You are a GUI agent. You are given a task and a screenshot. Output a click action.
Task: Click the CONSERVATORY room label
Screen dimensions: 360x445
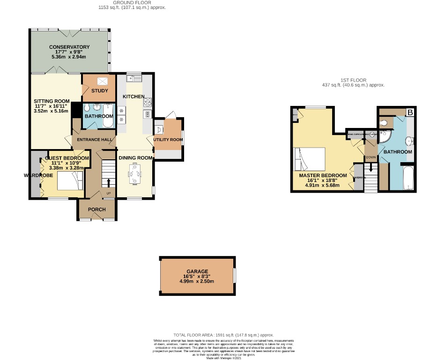tap(69, 47)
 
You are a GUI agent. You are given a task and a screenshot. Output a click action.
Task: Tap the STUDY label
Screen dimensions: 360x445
tap(99, 91)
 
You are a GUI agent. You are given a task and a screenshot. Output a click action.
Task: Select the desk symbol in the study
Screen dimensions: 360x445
tap(99, 82)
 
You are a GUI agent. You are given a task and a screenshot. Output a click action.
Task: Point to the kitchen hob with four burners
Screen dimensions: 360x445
tap(147, 101)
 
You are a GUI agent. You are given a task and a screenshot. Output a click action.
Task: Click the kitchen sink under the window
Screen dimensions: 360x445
tap(131, 78)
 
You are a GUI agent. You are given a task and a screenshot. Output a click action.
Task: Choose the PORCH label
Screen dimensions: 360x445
tap(97, 210)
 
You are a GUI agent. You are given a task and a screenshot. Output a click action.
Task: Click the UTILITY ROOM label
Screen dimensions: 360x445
tap(168, 140)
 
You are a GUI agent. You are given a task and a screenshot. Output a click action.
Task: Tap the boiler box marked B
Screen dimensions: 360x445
tap(410, 112)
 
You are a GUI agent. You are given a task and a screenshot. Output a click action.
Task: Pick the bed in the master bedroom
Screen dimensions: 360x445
tap(309, 159)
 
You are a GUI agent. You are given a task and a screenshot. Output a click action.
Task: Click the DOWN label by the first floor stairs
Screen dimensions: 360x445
tap(371, 157)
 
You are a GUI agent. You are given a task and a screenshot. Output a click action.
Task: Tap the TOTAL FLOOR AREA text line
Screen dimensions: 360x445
tap(223, 335)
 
